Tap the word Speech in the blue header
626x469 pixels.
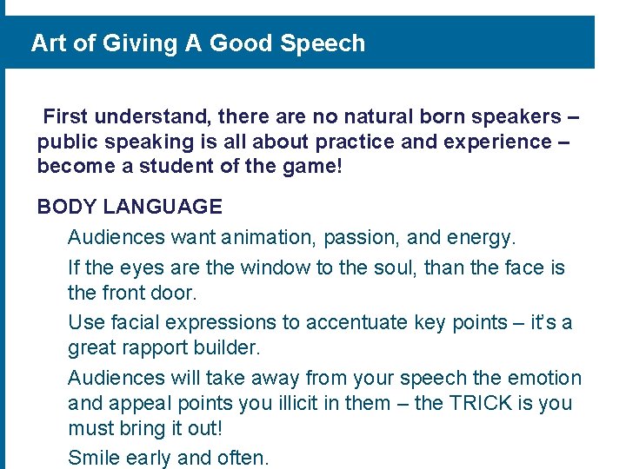323,43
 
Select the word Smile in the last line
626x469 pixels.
94,458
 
